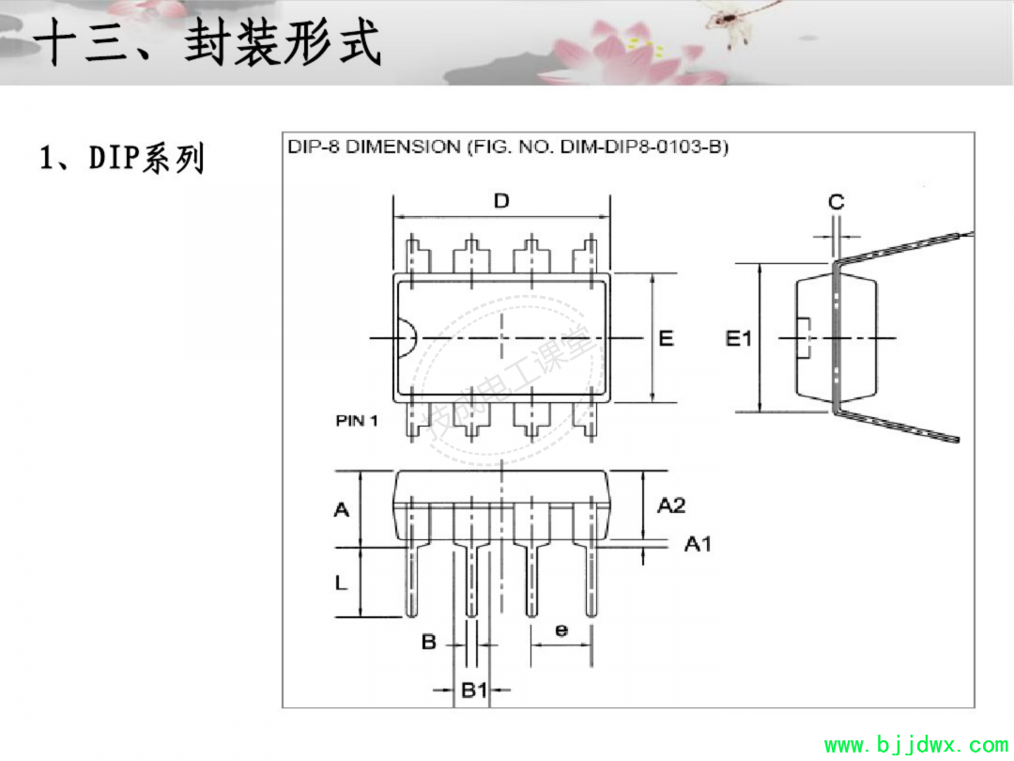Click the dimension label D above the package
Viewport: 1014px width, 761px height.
[x=501, y=201]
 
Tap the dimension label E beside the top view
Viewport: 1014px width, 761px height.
[x=666, y=338]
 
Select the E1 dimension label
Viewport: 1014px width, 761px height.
[x=739, y=338]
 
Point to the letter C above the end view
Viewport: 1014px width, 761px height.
[x=837, y=202]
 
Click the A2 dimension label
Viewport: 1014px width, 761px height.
[x=671, y=505]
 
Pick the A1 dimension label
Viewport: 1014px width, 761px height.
[x=698, y=544]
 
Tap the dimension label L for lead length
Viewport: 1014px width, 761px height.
[x=341, y=582]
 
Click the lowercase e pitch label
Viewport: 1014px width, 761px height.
[x=561, y=629]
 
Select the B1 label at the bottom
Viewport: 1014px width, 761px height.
[x=474, y=690]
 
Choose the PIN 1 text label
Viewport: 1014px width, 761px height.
[x=357, y=421]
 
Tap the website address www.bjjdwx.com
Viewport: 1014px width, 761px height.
[x=915, y=745]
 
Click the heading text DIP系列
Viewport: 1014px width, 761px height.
[x=146, y=158]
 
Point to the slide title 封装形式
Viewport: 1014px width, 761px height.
[x=283, y=42]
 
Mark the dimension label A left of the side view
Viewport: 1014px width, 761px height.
[x=342, y=510]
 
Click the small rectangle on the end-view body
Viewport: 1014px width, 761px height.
[x=803, y=338]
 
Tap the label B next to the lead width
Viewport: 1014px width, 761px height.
[x=429, y=642]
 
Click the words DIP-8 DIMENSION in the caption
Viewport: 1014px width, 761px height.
[x=374, y=147]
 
